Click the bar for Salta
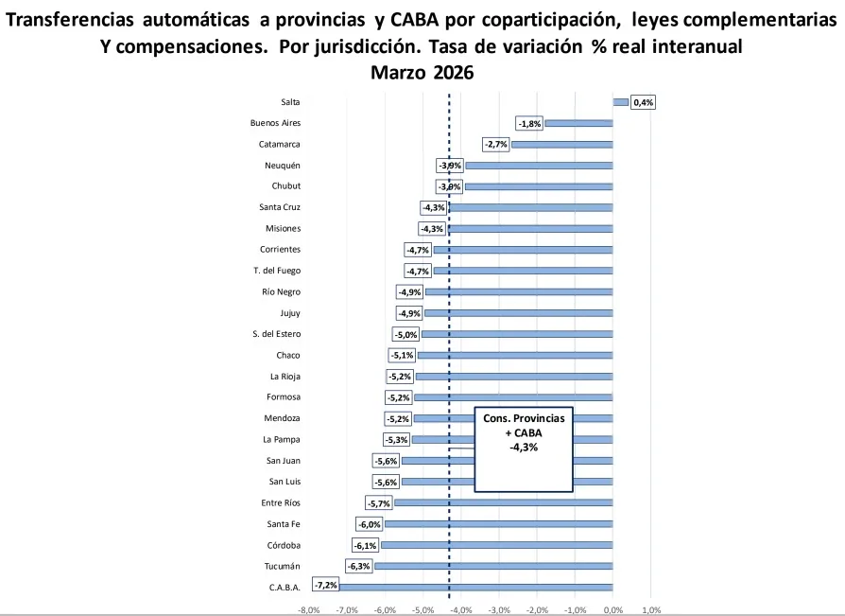point(620,102)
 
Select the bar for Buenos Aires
point(578,123)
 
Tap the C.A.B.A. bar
point(476,587)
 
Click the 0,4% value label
point(644,102)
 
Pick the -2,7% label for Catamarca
point(496,144)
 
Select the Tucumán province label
point(284,566)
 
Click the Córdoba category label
point(285,545)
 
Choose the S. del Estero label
point(276,334)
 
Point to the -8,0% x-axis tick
point(309,609)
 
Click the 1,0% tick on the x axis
point(651,609)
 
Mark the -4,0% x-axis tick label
point(461,609)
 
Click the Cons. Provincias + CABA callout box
point(524,449)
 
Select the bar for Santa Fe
point(498,524)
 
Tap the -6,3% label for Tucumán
point(360,566)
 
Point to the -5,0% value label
point(405,334)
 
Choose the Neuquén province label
point(283,165)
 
